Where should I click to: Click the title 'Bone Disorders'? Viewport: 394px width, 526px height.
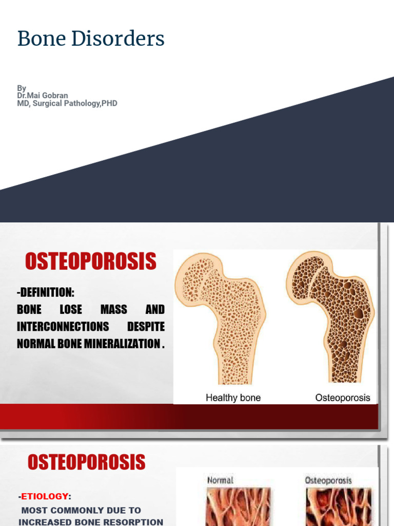(x=91, y=39)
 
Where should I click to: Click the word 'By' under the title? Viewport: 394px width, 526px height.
(x=22, y=88)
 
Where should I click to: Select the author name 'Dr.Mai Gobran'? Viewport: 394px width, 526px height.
(x=43, y=96)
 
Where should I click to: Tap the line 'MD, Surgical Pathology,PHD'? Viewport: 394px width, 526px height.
(x=67, y=103)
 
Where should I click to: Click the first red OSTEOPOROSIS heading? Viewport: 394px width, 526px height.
(x=91, y=262)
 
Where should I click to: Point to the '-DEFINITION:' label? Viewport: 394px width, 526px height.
(x=46, y=293)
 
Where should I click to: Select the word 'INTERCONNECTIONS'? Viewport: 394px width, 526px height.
(x=63, y=327)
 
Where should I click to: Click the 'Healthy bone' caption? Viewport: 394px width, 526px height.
(x=233, y=398)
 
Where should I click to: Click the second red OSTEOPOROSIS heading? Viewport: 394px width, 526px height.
(x=87, y=462)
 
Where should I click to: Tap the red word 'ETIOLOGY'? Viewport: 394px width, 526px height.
(x=44, y=496)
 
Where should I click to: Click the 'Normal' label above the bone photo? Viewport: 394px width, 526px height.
(x=220, y=480)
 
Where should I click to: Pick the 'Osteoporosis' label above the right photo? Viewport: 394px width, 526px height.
(x=328, y=480)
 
